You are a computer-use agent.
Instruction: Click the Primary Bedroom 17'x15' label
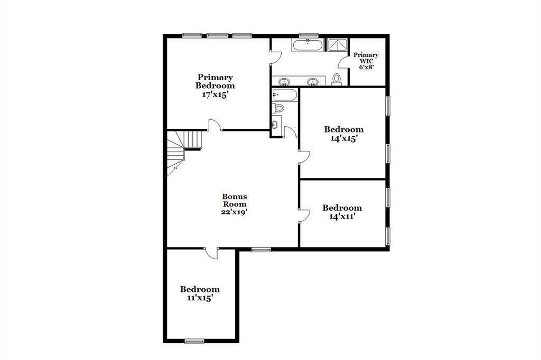pos(215,86)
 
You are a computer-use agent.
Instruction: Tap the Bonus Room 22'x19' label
pos(234,204)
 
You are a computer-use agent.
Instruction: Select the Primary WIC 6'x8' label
pos(366,61)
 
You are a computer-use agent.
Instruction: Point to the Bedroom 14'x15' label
pos(343,134)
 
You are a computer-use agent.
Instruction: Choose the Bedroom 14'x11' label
pos(342,212)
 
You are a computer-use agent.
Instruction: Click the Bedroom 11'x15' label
pos(200,293)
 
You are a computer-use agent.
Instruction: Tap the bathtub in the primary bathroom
pos(308,45)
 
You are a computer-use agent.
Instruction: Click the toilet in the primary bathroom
pos(336,80)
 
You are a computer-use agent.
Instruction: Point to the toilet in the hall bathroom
pos(278,108)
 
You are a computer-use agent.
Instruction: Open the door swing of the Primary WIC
pos(344,62)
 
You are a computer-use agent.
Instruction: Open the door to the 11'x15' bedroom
pos(212,253)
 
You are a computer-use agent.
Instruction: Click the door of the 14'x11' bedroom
pos(304,215)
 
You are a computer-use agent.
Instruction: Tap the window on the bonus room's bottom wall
pos(261,250)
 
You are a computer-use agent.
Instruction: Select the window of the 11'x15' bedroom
pos(194,342)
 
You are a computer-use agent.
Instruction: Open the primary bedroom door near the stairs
pos(214,125)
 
